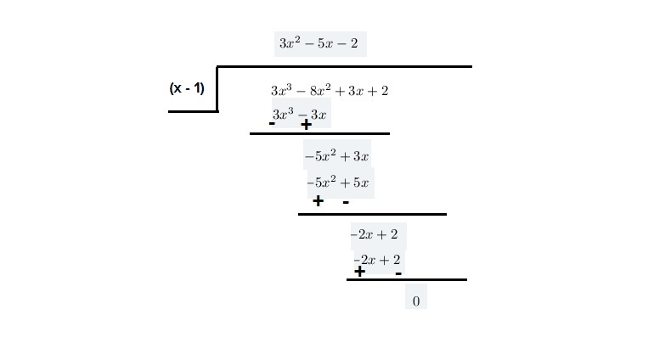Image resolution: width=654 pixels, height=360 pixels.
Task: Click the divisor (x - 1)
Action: point(187,87)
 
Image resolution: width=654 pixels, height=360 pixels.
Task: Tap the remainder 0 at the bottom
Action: point(415,301)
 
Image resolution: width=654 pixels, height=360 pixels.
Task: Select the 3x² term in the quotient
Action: point(290,43)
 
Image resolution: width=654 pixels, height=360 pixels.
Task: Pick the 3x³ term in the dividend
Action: point(281,90)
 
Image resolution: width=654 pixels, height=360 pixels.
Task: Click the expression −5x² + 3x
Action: point(336,156)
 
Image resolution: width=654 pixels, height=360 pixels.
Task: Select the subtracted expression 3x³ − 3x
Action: point(300,114)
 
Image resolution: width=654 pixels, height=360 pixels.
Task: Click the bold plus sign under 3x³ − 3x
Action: point(306,125)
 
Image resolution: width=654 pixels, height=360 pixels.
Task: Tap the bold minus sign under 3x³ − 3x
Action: point(272,123)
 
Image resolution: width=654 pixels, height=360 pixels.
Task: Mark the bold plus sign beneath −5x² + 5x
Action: point(318,201)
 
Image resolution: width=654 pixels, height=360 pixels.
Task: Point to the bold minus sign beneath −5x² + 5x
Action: point(346,202)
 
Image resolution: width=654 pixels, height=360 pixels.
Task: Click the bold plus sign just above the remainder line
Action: point(359,272)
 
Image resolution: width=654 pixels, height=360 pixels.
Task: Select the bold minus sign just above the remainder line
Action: point(397,273)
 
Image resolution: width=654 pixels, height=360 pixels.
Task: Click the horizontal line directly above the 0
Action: point(406,279)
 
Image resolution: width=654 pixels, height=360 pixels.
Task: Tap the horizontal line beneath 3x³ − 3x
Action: point(319,133)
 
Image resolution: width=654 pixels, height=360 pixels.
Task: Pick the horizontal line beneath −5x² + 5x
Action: point(372,214)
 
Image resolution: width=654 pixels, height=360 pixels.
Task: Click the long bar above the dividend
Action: point(344,66)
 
